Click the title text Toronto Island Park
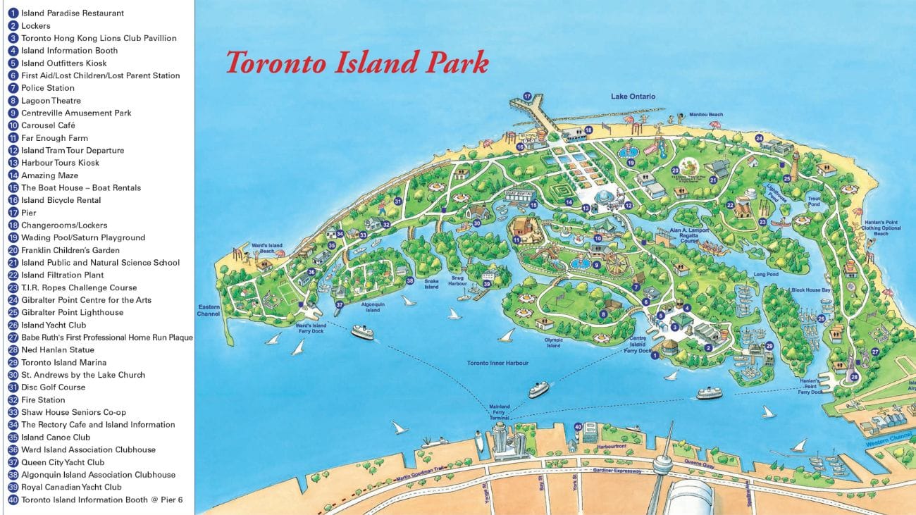(357, 63)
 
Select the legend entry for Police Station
(47, 88)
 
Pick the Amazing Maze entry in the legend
(49, 175)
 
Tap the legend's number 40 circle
(13, 500)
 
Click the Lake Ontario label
(633, 97)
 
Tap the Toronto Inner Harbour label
(497, 364)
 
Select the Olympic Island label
(554, 342)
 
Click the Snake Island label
(431, 284)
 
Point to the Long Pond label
(765, 275)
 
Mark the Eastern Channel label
(209, 310)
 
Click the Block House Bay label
(810, 290)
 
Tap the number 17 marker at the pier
(526, 96)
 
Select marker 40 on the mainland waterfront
(578, 426)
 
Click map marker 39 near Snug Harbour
(486, 284)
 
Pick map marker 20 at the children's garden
(674, 170)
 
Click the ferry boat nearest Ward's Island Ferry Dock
(362, 332)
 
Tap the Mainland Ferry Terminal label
(500, 412)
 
